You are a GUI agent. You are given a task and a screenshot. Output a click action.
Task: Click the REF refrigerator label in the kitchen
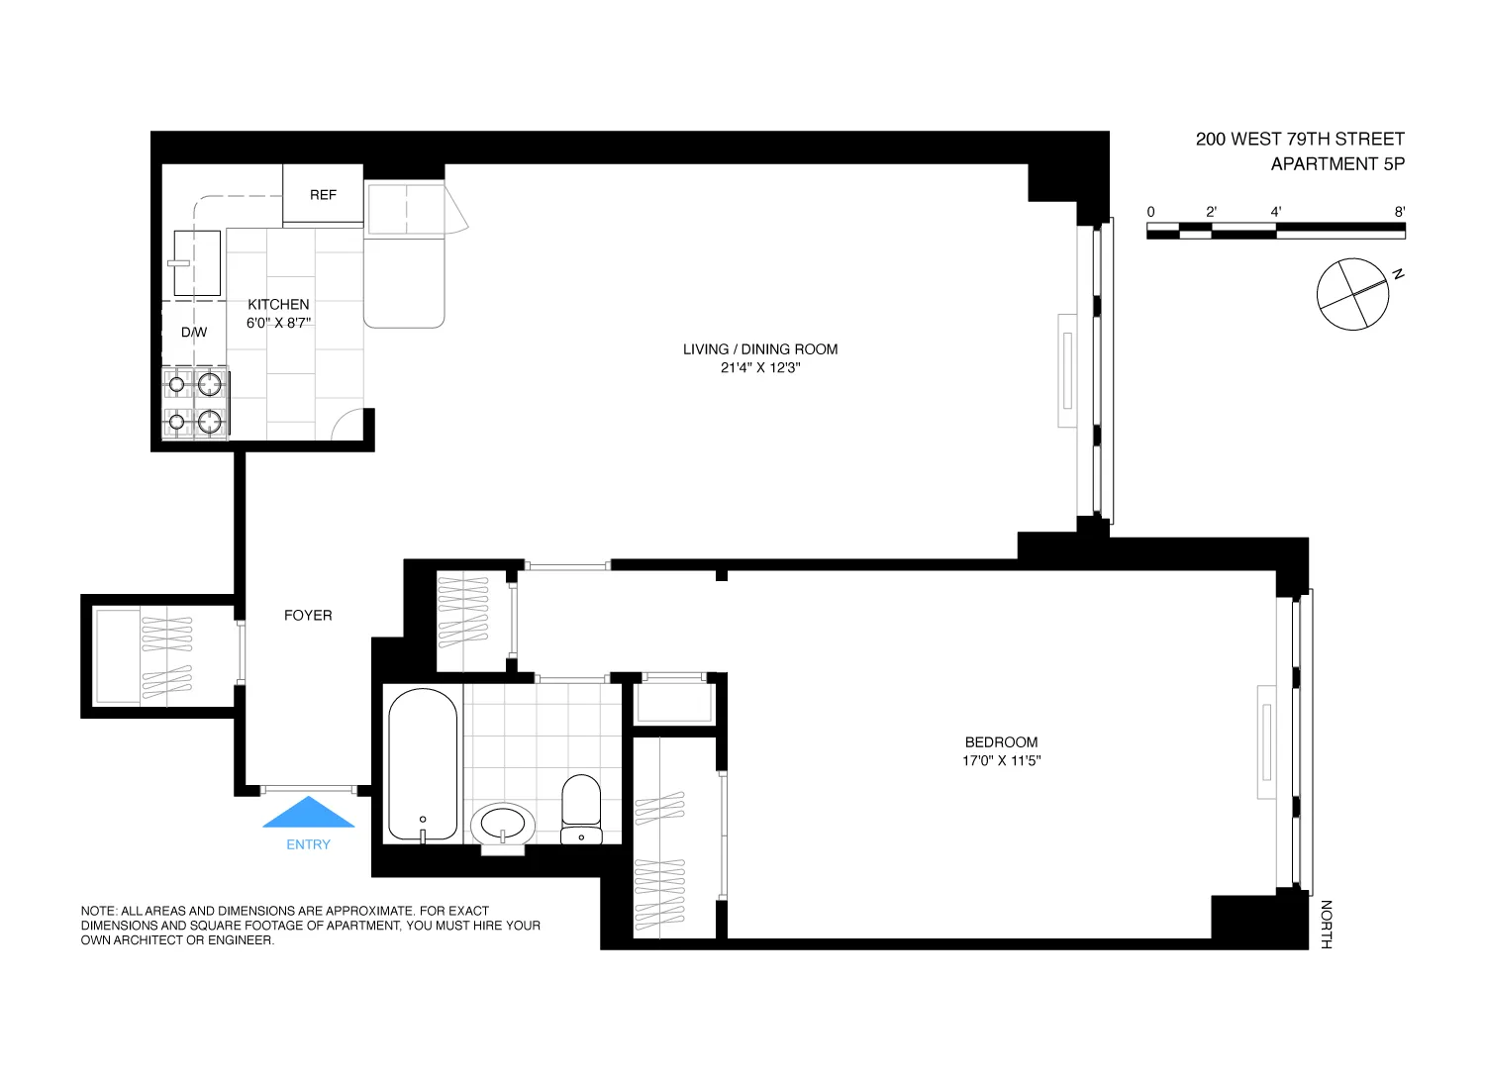323,195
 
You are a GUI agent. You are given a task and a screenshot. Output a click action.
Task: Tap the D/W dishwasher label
194,333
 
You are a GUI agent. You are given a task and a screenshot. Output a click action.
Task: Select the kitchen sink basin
197,262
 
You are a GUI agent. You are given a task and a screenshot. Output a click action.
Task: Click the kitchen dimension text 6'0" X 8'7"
279,323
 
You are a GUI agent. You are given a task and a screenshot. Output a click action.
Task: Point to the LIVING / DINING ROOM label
760,349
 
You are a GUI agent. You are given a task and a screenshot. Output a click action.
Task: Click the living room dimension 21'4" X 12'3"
760,368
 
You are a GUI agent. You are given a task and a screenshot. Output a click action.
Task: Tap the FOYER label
308,616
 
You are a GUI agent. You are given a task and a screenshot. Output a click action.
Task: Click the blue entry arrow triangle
309,814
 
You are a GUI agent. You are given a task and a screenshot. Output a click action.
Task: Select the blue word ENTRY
309,844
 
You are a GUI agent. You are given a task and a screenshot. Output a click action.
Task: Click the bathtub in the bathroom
423,764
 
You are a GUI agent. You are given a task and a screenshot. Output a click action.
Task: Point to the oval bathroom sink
503,824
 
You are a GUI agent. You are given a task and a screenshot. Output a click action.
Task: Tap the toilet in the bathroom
581,807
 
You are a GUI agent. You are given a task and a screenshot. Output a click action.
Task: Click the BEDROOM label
1001,742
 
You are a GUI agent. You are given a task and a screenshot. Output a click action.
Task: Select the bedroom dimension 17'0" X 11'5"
1001,761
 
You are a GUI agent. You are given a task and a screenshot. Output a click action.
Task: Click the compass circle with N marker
1352,294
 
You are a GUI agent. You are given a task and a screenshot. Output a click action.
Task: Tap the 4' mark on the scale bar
1276,212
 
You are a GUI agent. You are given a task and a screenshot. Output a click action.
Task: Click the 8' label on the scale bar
1399,212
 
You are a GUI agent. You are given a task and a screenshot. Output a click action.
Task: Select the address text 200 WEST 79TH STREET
1300,140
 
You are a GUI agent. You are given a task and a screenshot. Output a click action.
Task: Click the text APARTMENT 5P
1337,164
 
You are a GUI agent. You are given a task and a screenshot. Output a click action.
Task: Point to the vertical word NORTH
1327,925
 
